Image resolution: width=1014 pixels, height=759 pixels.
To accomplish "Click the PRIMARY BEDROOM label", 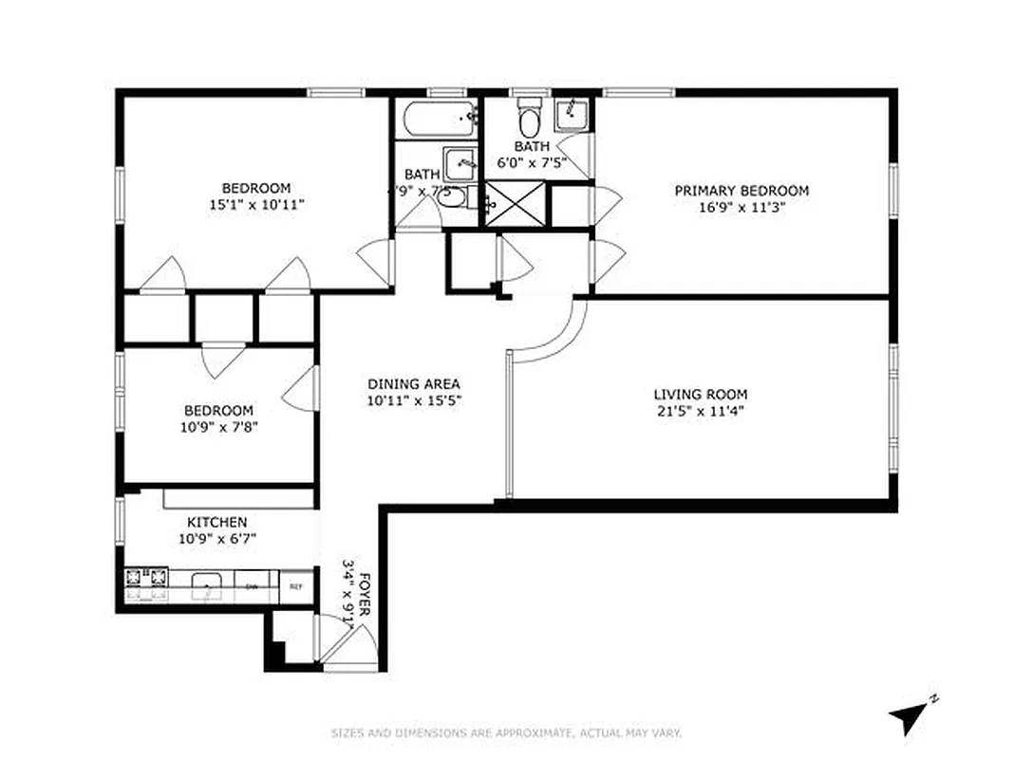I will pos(742,191).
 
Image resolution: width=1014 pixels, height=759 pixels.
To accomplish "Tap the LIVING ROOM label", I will pos(700,394).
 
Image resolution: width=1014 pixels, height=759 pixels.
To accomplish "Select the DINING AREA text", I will pos(414,384).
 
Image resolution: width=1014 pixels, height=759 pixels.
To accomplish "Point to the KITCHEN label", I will pos(216,522).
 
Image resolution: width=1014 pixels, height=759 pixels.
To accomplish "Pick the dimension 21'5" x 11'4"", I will pos(700,411).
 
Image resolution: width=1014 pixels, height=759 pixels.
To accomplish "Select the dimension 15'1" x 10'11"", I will pos(256,204).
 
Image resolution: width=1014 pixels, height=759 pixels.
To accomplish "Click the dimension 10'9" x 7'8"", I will pos(218,427).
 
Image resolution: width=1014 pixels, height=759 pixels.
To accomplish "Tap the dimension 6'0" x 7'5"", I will pos(532,162).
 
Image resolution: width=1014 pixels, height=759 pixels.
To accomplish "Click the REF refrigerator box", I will pos(296,586).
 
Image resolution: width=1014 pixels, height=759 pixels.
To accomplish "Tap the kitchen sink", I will pos(206,586).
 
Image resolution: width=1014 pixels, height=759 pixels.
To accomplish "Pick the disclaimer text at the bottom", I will pos(506,732).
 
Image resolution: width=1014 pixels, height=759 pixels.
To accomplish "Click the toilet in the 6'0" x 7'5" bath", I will pos(529,118).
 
